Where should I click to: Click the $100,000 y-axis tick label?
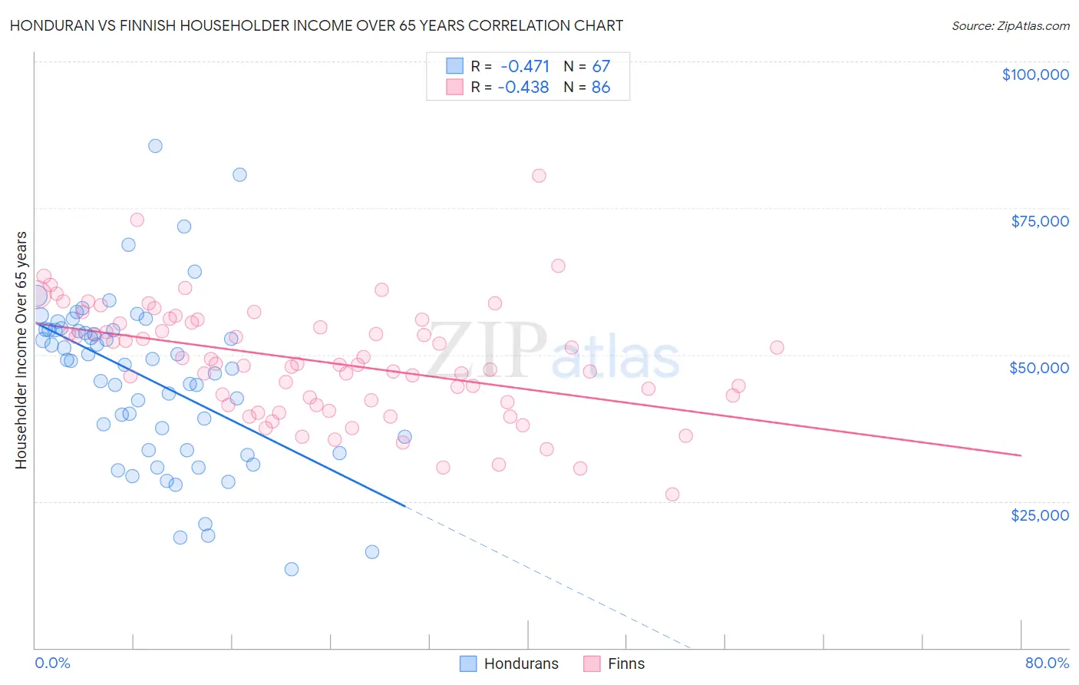1034,74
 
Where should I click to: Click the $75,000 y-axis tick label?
1039,221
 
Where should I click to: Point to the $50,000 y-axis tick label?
1038,368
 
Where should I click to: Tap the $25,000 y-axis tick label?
1039,515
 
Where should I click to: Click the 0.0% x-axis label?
52,663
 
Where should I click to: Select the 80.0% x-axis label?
1047,663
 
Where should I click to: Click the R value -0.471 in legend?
525,66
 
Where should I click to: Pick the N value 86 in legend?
601,88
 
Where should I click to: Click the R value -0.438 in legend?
523,88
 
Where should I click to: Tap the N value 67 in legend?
601,66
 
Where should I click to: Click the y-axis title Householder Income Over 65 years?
21,349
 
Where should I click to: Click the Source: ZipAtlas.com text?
1010,26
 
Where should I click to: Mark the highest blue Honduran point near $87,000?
155,146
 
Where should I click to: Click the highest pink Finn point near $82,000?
539,176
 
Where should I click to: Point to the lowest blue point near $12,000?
292,569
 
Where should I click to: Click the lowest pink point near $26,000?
672,495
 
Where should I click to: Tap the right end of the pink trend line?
1021,455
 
